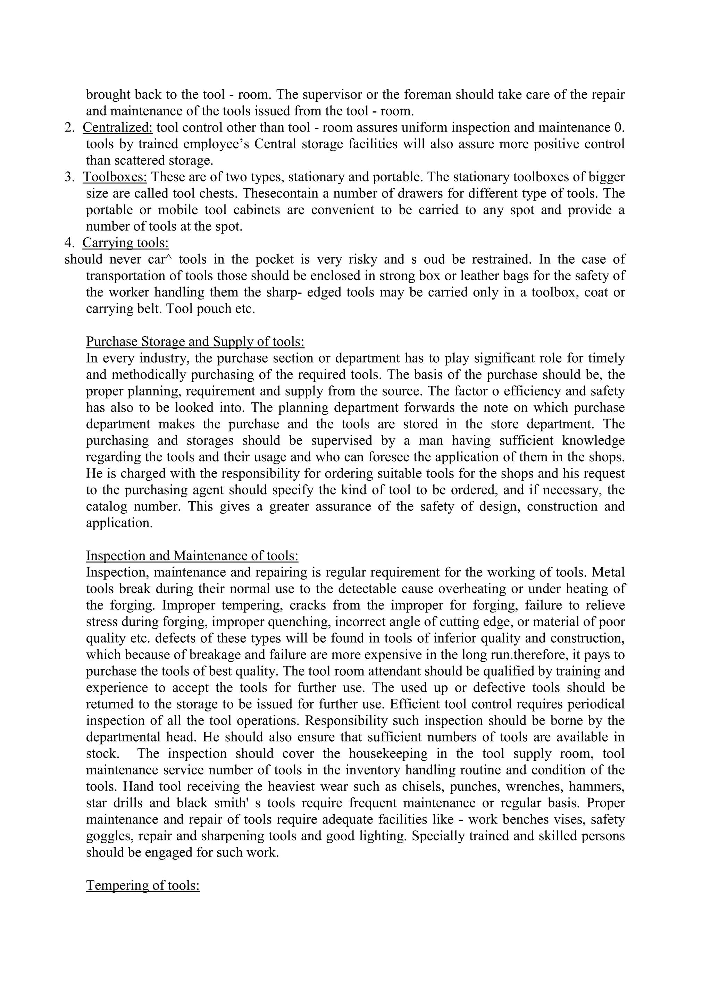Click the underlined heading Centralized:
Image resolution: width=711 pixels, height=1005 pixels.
coord(117,127)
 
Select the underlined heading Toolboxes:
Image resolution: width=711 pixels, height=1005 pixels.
coord(115,177)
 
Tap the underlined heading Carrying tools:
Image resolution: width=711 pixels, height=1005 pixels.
coord(125,243)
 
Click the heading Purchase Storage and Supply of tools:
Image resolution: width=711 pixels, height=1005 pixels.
coord(195,341)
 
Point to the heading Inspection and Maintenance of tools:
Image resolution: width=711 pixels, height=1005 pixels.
coord(192,556)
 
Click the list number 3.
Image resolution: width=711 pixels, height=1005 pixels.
coord(69,177)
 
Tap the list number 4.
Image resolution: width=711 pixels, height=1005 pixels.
coord(69,243)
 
